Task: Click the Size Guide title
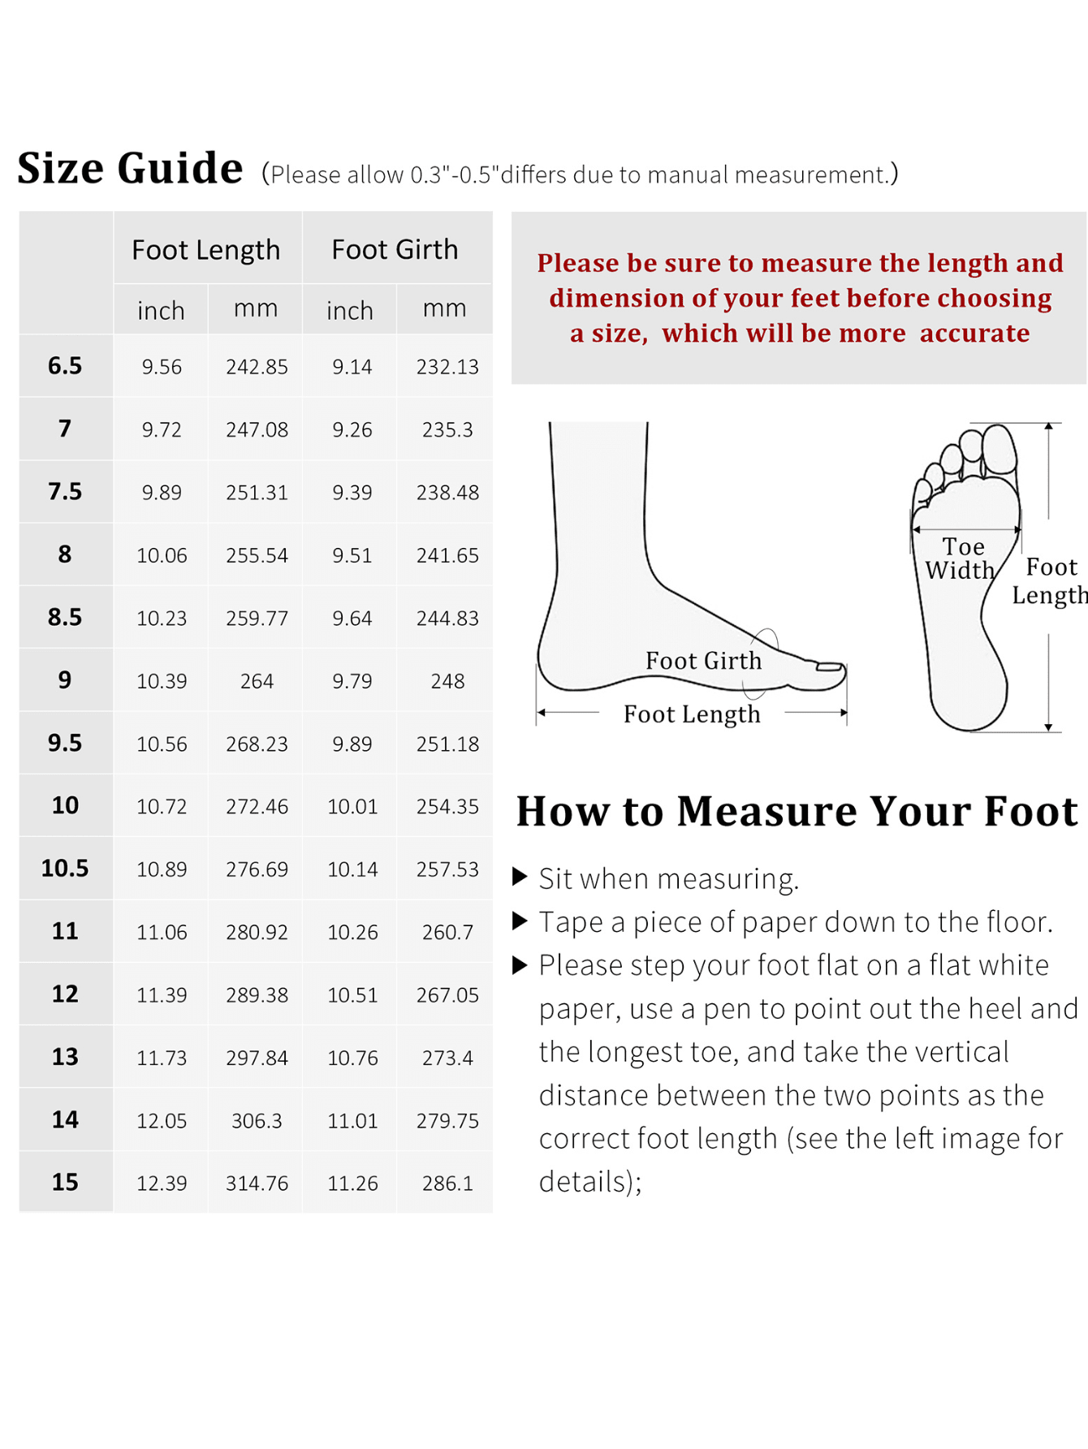pyautogui.click(x=130, y=168)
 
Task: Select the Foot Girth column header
pyautogui.click(x=395, y=249)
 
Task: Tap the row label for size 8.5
pyautogui.click(x=65, y=617)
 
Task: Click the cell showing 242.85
pyautogui.click(x=257, y=367)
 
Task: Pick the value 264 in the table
pyautogui.click(x=257, y=681)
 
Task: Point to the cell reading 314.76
pyautogui.click(x=257, y=1184)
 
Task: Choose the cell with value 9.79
pyautogui.click(x=352, y=681)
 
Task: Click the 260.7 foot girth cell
pyautogui.click(x=447, y=932)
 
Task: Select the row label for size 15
pyautogui.click(x=65, y=1182)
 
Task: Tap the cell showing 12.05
pyautogui.click(x=162, y=1121)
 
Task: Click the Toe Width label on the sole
pyautogui.click(x=961, y=558)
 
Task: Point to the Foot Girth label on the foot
pyautogui.click(x=704, y=661)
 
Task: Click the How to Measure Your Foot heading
pyautogui.click(x=797, y=811)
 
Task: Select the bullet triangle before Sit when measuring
pyautogui.click(x=520, y=877)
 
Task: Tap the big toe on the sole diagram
pyautogui.click(x=999, y=449)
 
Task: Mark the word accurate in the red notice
pyautogui.click(x=974, y=334)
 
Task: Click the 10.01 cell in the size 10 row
pyautogui.click(x=352, y=807)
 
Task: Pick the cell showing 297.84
pyautogui.click(x=257, y=1058)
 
